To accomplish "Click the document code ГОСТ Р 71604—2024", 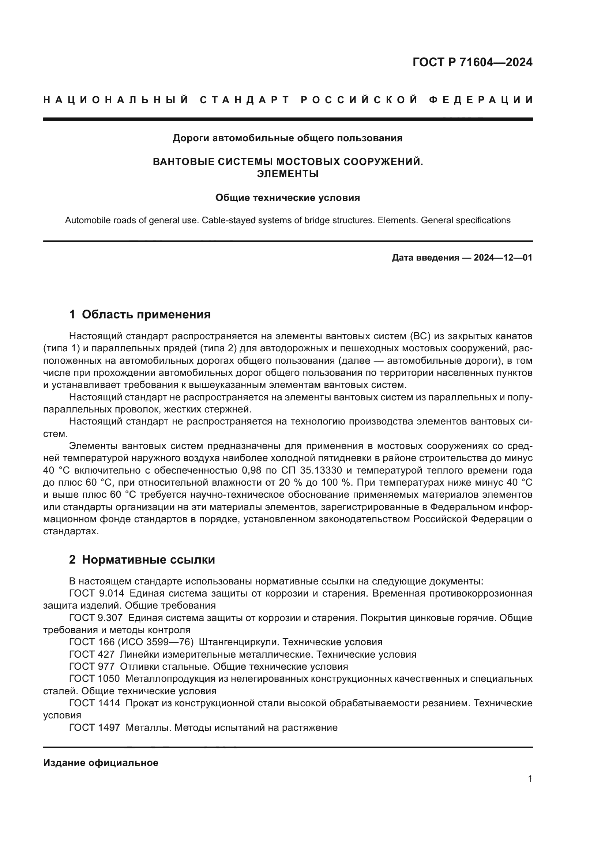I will coord(472,62).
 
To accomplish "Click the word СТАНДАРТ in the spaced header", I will coord(244,100).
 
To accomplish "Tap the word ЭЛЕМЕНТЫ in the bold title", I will coord(288,174).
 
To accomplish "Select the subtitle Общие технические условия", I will coord(288,198).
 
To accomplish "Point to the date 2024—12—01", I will coord(503,258).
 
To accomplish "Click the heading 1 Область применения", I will coord(140,314).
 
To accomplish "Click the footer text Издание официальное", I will coord(101,763).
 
